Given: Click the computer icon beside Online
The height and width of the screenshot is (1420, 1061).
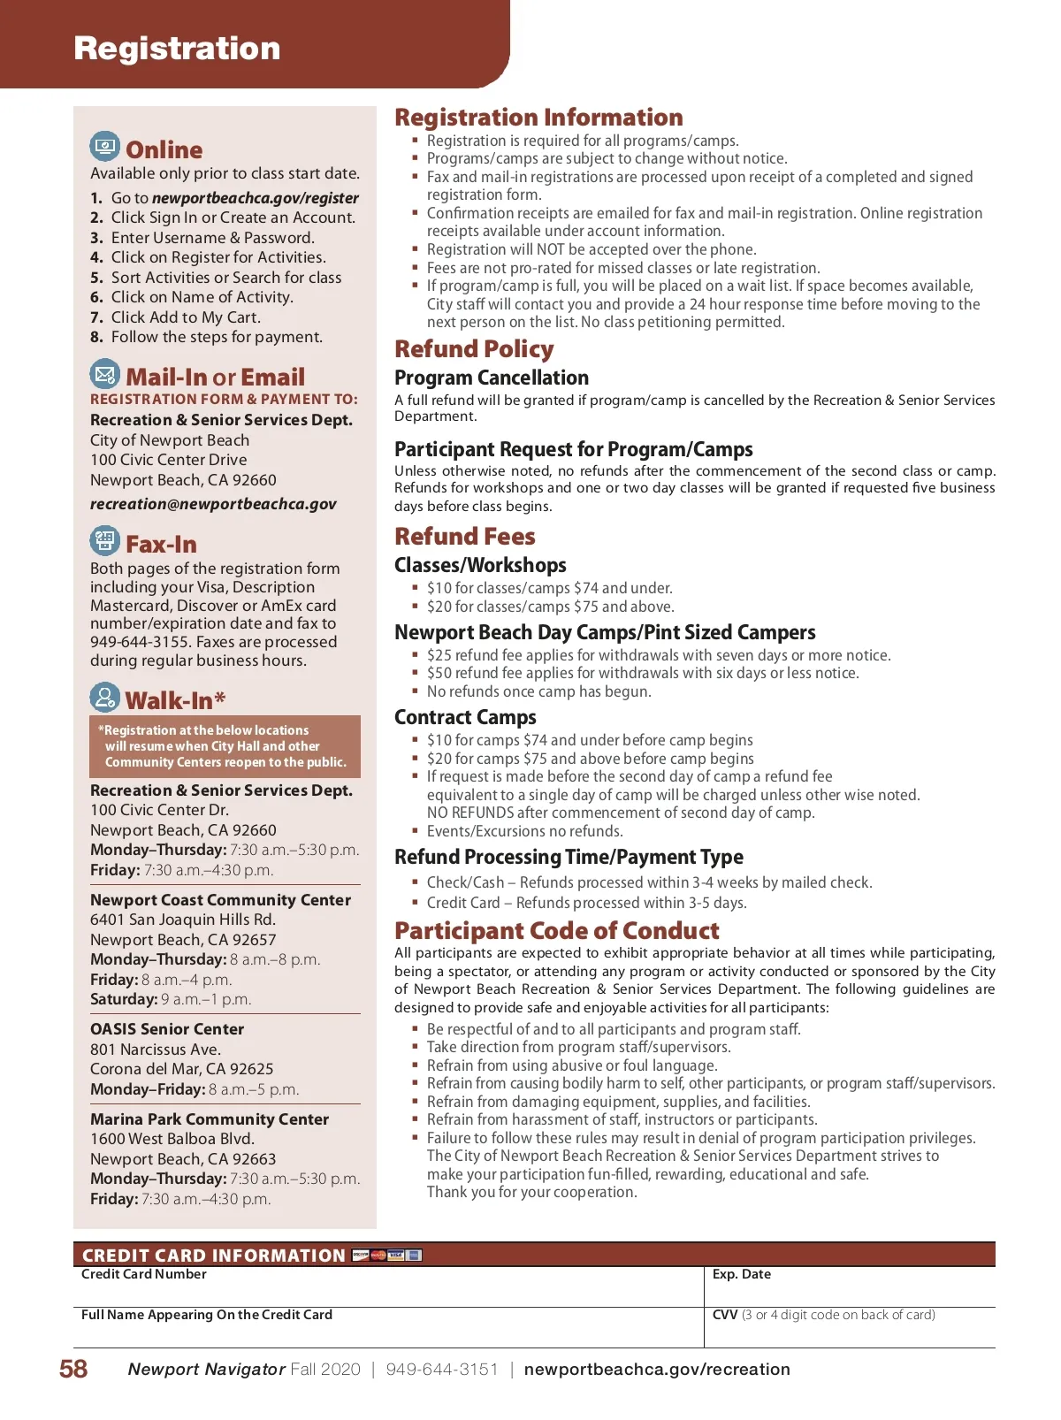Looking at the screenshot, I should pyautogui.click(x=105, y=147).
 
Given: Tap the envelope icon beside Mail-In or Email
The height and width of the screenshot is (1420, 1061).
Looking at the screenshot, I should pyautogui.click(x=105, y=374).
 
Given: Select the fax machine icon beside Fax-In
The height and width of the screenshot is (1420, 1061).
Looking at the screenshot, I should pyautogui.click(x=105, y=541).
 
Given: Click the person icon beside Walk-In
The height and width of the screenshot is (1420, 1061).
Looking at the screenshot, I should pyautogui.click(x=105, y=698).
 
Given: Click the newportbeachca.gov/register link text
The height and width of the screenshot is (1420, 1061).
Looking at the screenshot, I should pyautogui.click(x=255, y=198).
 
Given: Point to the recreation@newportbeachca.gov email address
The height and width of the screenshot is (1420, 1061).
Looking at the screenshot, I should pyautogui.click(x=213, y=504).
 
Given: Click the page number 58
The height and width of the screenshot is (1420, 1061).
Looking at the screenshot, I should pyautogui.click(x=73, y=1369).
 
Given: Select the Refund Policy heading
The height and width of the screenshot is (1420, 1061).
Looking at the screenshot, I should pyautogui.click(x=474, y=349).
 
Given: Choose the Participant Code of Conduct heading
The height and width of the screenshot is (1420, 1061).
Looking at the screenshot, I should pyautogui.click(x=556, y=931).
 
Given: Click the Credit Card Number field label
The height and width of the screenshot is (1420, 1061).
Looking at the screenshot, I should pyautogui.click(x=144, y=1274).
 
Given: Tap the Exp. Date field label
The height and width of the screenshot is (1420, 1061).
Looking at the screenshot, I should pyautogui.click(x=741, y=1274).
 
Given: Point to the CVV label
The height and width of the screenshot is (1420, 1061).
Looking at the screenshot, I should pyautogui.click(x=725, y=1315).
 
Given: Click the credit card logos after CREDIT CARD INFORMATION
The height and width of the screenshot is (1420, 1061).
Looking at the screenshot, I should pyautogui.click(x=387, y=1255).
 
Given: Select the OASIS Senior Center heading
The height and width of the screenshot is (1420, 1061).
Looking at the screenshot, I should pyautogui.click(x=167, y=1029).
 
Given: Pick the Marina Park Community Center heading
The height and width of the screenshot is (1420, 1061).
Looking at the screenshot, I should pyautogui.click(x=210, y=1119).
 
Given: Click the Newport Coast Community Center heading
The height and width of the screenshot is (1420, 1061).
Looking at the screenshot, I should pyautogui.click(x=220, y=900).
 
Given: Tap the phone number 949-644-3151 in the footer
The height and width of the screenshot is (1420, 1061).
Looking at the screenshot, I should pyautogui.click(x=442, y=1369).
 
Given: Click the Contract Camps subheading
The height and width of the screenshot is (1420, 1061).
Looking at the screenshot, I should pyautogui.click(x=465, y=717).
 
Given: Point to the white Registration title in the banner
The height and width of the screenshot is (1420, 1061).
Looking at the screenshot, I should pyautogui.click(x=177, y=49).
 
